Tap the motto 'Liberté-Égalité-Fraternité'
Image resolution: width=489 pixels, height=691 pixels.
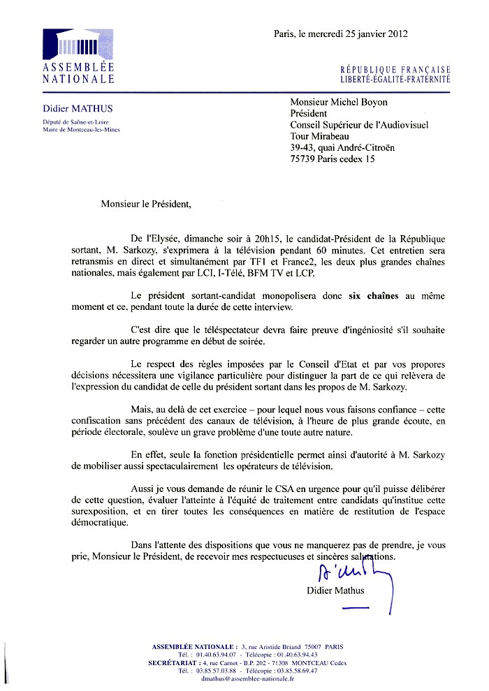tap(395, 80)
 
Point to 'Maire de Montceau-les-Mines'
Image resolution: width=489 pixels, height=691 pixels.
tap(81, 130)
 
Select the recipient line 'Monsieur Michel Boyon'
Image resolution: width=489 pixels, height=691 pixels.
tap(338, 103)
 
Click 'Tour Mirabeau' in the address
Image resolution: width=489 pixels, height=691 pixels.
tap(319, 136)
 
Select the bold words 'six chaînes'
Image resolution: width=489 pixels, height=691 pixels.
tap(374, 296)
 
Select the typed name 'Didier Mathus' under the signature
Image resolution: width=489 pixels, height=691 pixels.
tap(335, 591)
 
